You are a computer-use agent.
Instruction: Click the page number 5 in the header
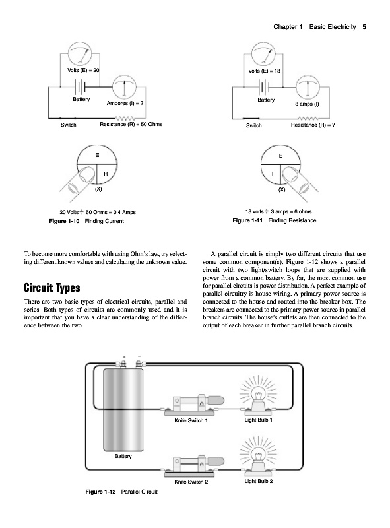coord(364,27)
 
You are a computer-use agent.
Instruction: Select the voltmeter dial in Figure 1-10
coord(80,53)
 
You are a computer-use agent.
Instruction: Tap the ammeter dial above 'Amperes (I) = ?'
coord(124,87)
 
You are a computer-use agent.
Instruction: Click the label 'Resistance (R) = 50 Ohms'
coord(131,124)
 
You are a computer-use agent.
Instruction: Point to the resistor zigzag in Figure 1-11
coord(308,119)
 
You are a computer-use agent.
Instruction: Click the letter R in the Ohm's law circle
coord(106,174)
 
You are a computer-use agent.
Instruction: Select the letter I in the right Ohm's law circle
coord(273,174)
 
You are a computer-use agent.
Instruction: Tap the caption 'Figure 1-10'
coord(64,221)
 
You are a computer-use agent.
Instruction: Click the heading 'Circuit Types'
coord(52,288)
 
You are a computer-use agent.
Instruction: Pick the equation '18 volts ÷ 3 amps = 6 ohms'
coord(278,211)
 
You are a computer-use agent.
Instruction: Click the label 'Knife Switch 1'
coord(191,420)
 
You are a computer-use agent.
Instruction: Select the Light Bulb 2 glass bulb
coord(258,456)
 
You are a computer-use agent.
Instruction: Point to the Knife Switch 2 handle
coord(216,461)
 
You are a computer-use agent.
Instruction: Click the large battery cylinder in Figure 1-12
coord(123,409)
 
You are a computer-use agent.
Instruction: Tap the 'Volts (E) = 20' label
coord(83,71)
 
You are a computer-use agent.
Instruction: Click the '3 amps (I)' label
coord(307,104)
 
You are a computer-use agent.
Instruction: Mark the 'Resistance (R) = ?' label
coord(313,125)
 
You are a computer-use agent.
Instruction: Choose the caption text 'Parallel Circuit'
coord(139,492)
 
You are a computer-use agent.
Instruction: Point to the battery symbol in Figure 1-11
coord(264,88)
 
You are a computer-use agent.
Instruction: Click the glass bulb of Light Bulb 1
coord(258,395)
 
